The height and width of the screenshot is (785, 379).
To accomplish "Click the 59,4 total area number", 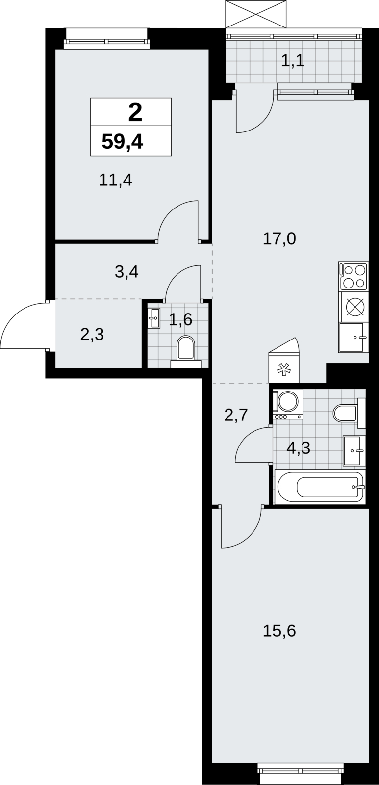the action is click(122, 142).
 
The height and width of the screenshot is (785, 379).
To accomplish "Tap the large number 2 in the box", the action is click(135, 113).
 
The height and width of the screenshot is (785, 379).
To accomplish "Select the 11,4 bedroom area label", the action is click(116, 181).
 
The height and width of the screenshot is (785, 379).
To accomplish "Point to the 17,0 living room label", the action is click(279, 239).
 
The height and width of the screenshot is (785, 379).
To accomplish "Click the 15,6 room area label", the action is click(279, 631).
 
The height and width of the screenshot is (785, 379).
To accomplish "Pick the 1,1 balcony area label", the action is click(293, 61).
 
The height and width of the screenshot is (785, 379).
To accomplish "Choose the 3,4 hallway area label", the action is click(127, 272).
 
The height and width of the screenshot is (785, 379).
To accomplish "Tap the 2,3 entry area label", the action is click(92, 335).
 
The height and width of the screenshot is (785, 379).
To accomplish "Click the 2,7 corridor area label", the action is click(236, 415).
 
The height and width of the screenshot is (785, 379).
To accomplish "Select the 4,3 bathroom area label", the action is click(299, 448).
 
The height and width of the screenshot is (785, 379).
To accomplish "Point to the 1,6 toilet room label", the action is click(180, 319).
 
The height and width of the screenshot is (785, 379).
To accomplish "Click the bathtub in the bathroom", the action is click(320, 487).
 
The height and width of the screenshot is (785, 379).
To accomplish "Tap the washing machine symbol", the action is click(289, 404).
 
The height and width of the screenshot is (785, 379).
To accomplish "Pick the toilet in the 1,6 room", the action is click(186, 351).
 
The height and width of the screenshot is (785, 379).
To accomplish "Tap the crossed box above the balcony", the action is click(256, 14).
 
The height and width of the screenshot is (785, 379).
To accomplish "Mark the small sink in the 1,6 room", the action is click(153, 318).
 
